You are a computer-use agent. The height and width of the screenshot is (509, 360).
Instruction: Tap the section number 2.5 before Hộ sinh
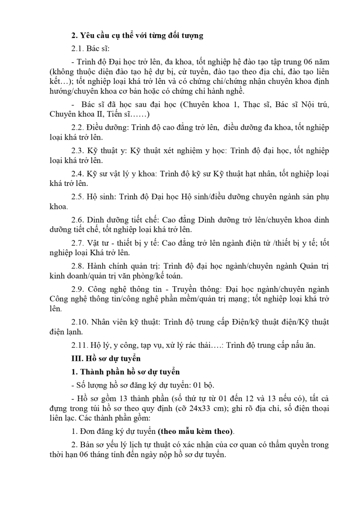click(x=77, y=197)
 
